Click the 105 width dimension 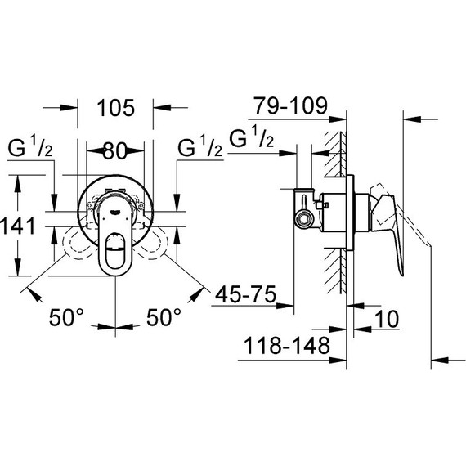pos(115,105)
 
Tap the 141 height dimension pos(17,225)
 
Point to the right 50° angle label pos(164,317)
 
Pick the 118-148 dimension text pos(287,346)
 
